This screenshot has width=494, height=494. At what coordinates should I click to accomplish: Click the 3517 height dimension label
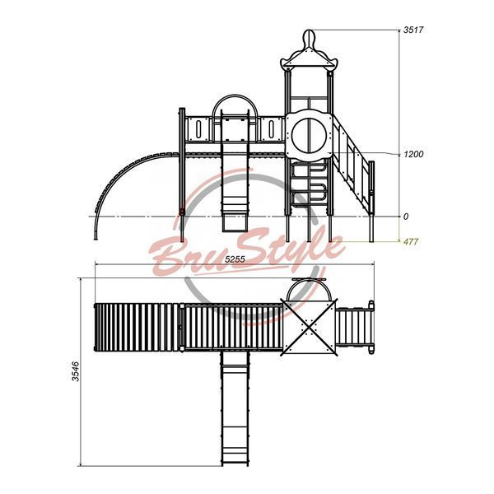coord(413,30)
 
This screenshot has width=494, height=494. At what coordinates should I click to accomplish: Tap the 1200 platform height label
coord(413,155)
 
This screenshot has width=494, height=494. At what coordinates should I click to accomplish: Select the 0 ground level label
coord(406,217)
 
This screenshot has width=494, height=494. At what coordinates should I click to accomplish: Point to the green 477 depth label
coord(411,241)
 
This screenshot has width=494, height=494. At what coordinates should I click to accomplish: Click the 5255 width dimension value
coord(235,259)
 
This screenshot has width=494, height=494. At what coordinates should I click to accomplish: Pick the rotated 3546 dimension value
coord(76,371)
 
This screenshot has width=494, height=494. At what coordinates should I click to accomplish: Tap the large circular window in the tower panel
coord(309,135)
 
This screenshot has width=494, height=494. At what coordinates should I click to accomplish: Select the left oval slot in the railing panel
coord(198,129)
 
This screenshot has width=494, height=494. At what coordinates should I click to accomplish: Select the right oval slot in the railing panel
coord(271,129)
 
